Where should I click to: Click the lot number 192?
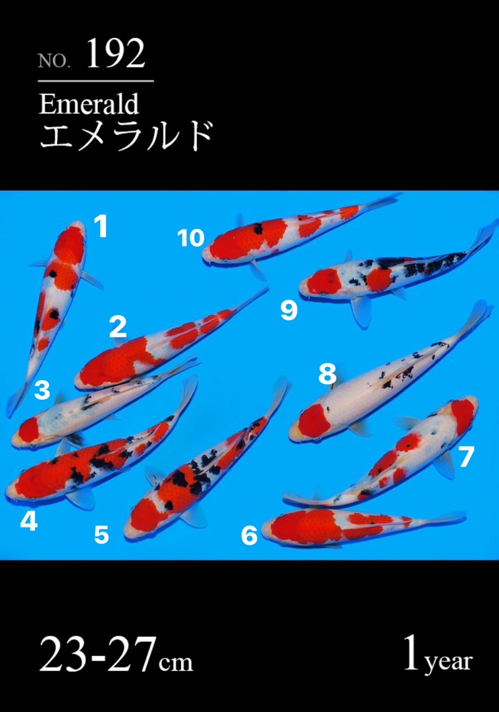[116, 53]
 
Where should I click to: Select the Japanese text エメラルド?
[126, 136]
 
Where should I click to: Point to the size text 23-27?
[97, 653]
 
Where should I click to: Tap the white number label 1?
[101, 226]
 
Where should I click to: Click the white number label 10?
[191, 238]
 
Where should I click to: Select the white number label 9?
[289, 310]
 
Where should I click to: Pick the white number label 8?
[327, 373]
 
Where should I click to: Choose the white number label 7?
[466, 457]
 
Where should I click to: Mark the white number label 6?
[249, 535]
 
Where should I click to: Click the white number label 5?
[102, 535]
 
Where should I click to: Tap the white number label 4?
[29, 522]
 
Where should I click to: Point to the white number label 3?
[42, 390]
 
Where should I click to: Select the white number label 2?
[118, 327]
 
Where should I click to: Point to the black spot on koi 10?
[258, 228]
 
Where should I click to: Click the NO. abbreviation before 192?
[54, 61]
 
